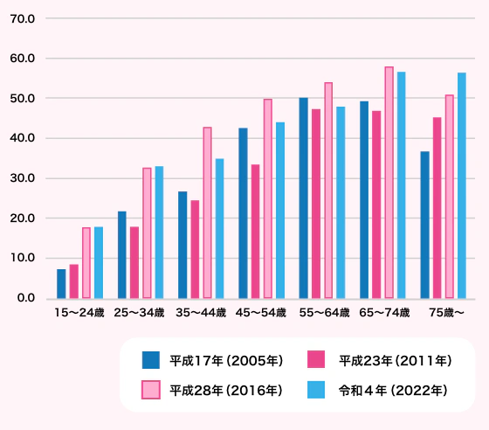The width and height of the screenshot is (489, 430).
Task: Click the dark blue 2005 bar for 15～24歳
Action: tap(61, 284)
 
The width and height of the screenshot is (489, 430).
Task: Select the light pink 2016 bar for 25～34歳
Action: tap(147, 233)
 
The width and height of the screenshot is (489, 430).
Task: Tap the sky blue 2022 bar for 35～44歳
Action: tap(220, 229)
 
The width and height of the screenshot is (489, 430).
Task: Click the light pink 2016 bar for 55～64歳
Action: tap(328, 191)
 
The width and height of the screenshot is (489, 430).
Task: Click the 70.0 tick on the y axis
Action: tap(22, 18)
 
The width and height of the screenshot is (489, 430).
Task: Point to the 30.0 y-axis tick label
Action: tap(22, 178)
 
